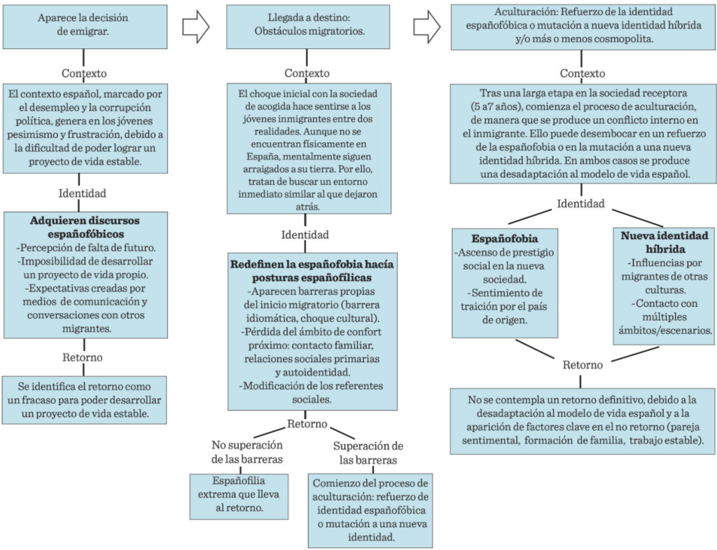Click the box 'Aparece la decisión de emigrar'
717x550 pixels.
85,26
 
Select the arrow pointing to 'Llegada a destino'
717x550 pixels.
196,27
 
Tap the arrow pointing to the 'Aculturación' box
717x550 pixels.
427,27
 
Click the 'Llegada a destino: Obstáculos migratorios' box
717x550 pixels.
308,27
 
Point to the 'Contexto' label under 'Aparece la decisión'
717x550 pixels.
84,73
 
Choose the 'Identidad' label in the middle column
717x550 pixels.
305,235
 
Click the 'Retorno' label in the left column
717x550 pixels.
83,357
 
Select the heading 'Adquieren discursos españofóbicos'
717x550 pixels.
85,227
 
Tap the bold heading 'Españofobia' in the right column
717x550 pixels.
505,239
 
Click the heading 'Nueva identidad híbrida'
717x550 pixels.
664,242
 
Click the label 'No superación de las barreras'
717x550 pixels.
247,452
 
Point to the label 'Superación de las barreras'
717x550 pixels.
368,453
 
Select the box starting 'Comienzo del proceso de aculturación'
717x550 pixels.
370,511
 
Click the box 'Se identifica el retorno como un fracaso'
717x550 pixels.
85,400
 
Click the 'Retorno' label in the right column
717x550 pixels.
583,365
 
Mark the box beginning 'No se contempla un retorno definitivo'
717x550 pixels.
583,421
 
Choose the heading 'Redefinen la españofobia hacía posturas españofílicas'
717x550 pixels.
312,271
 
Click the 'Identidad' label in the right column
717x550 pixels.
580,204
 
